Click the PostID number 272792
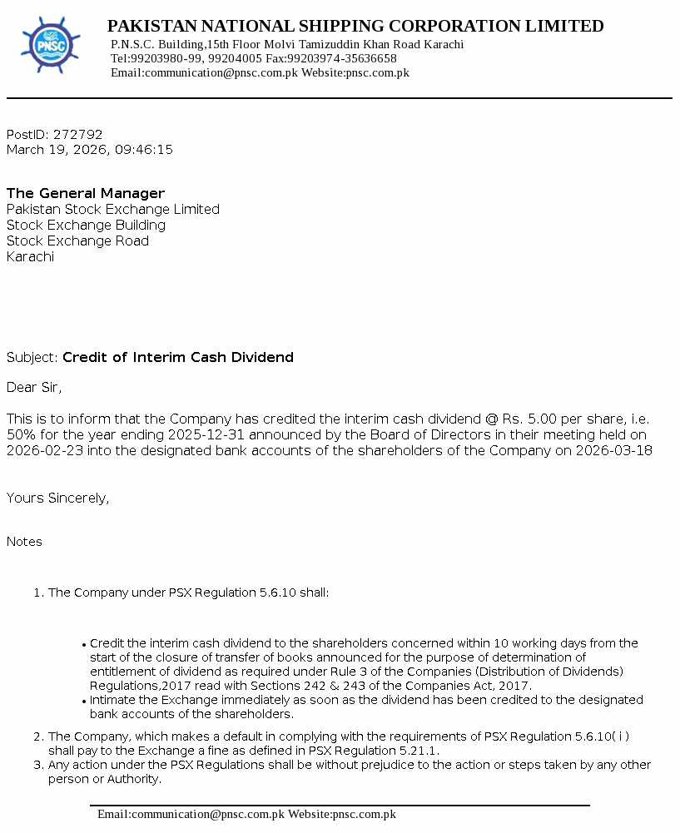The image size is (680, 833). [77, 134]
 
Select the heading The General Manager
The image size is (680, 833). [86, 193]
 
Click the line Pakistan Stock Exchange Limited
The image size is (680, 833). [113, 209]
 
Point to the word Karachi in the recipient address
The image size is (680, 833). [30, 256]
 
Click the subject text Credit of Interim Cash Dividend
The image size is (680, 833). [178, 357]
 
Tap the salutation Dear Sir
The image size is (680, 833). [33, 387]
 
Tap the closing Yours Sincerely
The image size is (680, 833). [57, 498]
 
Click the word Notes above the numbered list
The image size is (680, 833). [24, 542]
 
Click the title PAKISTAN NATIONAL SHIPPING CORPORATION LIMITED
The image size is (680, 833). [355, 26]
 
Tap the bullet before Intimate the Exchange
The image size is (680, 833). [85, 702]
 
